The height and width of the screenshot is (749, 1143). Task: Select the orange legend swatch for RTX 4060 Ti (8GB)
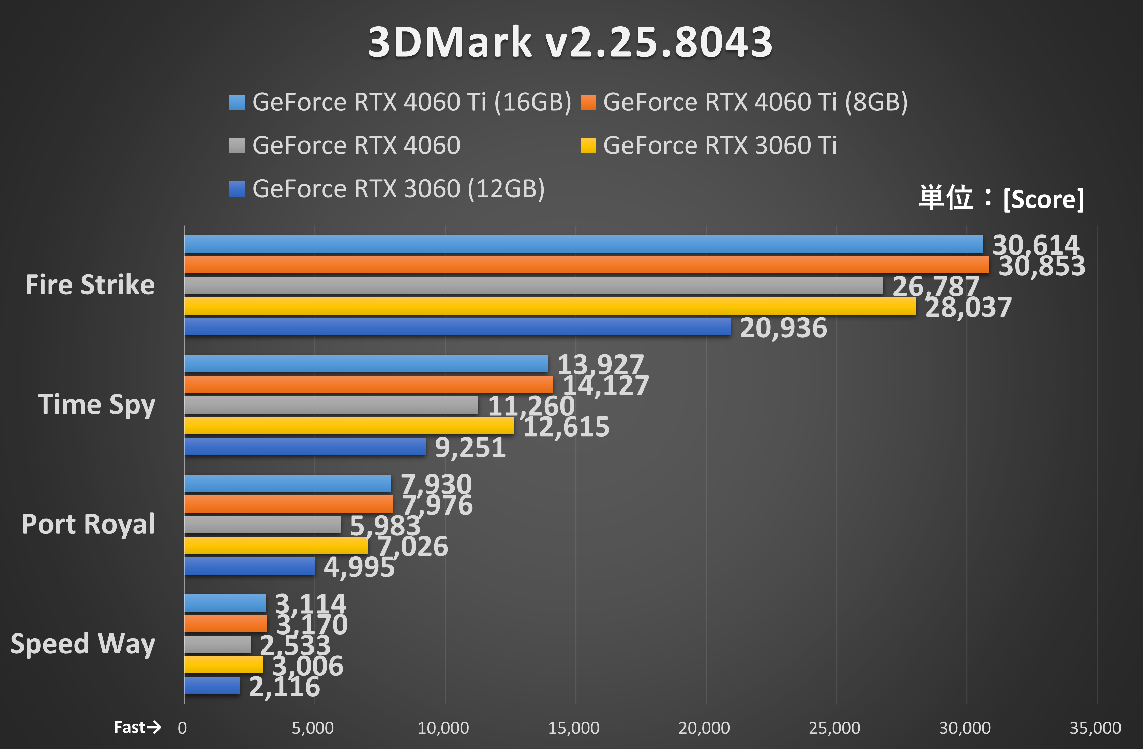588,102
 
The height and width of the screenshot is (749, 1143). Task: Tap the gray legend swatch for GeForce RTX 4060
237,146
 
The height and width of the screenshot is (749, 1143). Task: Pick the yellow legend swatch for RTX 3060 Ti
588,146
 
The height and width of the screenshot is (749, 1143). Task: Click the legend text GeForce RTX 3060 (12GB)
398,189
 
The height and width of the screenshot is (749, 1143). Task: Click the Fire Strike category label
90,285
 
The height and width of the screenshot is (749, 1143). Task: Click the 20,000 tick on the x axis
704,728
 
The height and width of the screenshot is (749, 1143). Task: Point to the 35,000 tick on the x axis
1095,728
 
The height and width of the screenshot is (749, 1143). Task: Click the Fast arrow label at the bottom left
137,728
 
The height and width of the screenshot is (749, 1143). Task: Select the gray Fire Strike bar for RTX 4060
533,286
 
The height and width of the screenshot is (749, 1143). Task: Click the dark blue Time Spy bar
305,446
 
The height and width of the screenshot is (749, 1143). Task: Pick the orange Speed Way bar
226,624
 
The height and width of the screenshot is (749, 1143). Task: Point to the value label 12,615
566,427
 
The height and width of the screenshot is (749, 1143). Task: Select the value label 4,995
359,567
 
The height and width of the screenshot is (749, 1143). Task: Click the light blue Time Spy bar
366,364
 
